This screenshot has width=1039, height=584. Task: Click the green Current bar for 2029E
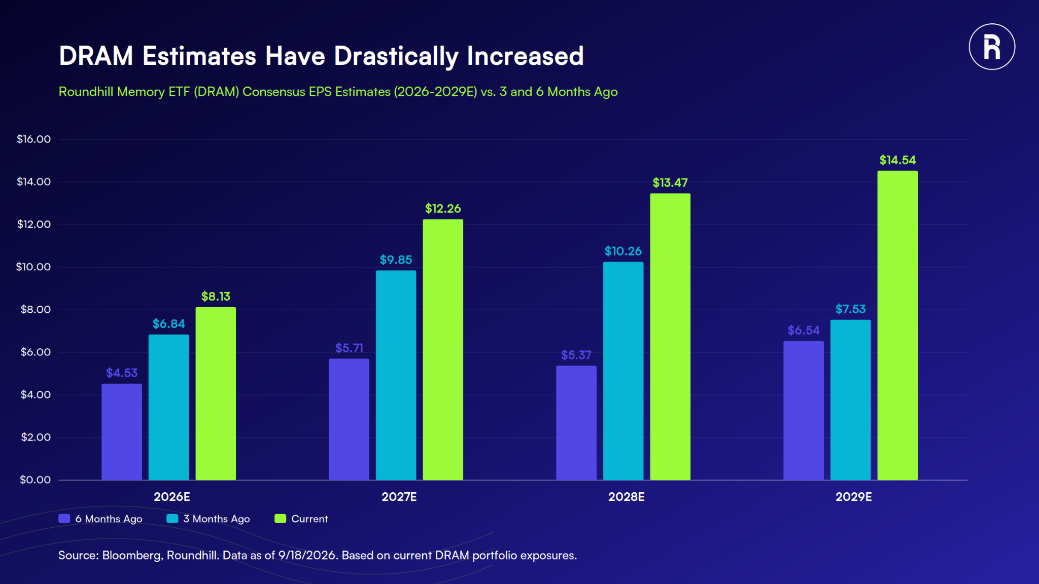(x=897, y=325)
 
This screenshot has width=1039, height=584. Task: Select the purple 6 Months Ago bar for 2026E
(x=122, y=432)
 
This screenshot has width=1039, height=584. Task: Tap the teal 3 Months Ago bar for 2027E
(x=396, y=375)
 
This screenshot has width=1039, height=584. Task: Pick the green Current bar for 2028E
(x=670, y=337)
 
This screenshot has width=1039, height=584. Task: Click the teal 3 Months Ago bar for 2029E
(x=850, y=400)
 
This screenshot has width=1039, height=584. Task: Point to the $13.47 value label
(x=670, y=182)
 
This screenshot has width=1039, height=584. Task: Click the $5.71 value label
(x=349, y=348)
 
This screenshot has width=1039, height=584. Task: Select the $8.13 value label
(x=216, y=296)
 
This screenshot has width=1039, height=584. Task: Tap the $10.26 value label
(x=623, y=251)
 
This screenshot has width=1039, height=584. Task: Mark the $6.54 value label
(x=804, y=330)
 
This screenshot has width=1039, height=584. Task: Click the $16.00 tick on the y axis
(x=34, y=139)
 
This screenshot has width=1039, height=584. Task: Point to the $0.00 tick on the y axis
(x=36, y=480)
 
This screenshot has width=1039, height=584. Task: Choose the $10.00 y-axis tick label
(x=33, y=267)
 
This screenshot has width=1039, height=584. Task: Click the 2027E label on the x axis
(x=399, y=497)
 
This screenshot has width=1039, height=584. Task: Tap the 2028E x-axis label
(x=627, y=497)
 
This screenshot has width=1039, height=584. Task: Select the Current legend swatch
(x=280, y=519)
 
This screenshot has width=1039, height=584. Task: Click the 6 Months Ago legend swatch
(x=64, y=519)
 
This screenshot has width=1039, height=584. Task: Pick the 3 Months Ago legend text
(x=217, y=519)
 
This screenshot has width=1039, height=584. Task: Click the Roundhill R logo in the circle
(x=992, y=47)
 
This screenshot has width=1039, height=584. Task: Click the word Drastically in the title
(x=396, y=56)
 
